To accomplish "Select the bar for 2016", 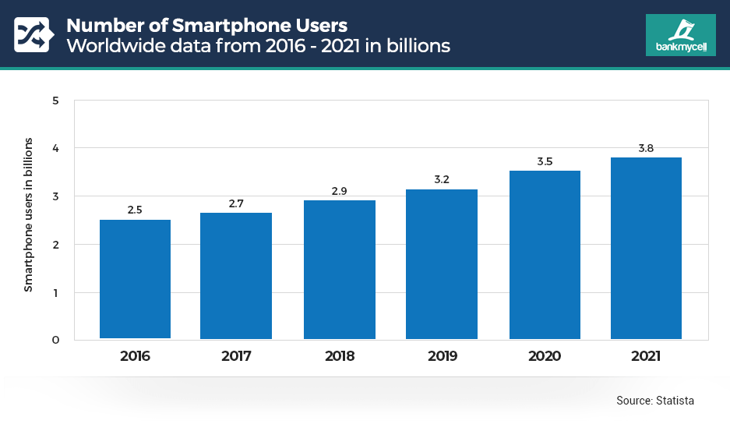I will pyautogui.click(x=135, y=279).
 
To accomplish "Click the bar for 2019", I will pyautogui.click(x=442, y=264).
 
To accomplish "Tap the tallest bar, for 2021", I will pyautogui.click(x=646, y=248).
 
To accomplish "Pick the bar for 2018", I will pyautogui.click(x=340, y=270).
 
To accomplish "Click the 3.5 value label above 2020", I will pyautogui.click(x=545, y=161).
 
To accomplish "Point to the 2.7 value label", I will pyautogui.click(x=236, y=203).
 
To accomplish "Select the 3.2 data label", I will pyautogui.click(x=442, y=180).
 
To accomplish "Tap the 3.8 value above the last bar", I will pyautogui.click(x=646, y=148).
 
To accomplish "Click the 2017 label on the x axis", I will pyautogui.click(x=236, y=356).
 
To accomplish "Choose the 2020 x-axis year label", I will pyautogui.click(x=545, y=356).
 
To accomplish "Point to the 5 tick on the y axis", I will pyautogui.click(x=56, y=101).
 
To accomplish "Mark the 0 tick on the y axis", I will pyautogui.click(x=56, y=340).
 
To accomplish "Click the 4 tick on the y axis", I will pyautogui.click(x=56, y=148).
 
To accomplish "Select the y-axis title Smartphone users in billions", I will pyautogui.click(x=29, y=215).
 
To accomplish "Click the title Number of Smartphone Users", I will pyautogui.click(x=206, y=24).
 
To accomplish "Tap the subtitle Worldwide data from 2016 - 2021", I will pyautogui.click(x=258, y=46).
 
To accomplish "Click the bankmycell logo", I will pyautogui.click(x=680, y=35).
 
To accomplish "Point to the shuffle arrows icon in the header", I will pyautogui.click(x=32, y=34).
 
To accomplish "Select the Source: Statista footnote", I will pyautogui.click(x=654, y=400).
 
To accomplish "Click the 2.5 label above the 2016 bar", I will pyautogui.click(x=135, y=210).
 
